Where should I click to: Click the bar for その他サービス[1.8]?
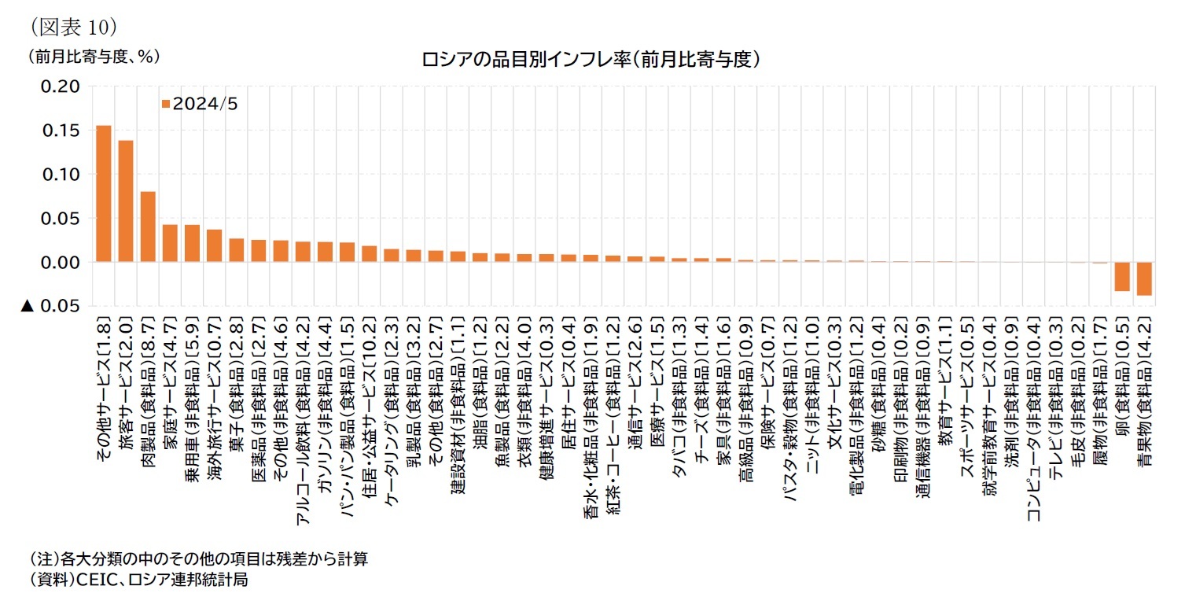[103, 193]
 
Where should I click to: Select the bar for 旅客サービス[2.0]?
[126, 201]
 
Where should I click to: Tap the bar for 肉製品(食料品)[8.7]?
[148, 227]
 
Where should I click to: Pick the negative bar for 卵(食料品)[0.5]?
[1122, 277]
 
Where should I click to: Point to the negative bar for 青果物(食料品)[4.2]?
[1144, 279]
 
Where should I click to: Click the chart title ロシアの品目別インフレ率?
[589, 60]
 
